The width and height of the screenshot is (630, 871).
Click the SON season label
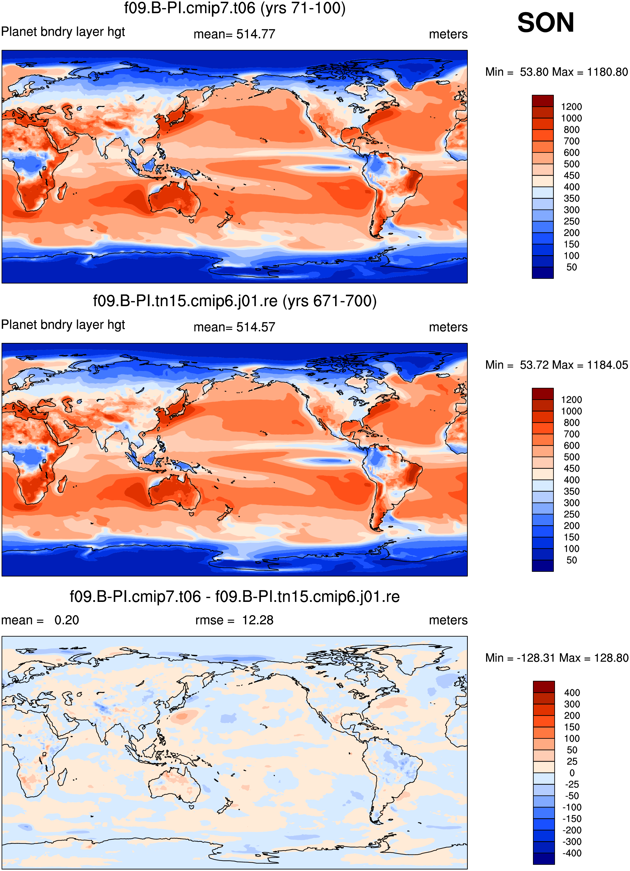coord(545,23)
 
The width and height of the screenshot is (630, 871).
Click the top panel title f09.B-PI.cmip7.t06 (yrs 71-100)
coord(234,8)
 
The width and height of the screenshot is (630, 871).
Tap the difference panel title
coord(234,596)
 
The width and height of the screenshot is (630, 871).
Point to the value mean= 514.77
coord(234,34)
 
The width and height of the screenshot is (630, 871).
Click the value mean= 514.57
coord(234,327)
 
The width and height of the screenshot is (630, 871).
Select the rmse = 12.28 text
coord(234,620)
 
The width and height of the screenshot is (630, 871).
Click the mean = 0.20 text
coord(40,620)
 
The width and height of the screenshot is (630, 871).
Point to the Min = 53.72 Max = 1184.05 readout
coord(557,365)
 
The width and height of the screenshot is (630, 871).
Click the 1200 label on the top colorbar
coord(571,107)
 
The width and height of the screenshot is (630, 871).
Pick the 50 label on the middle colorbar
coord(571,560)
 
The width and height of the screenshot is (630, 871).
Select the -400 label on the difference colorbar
coord(572,853)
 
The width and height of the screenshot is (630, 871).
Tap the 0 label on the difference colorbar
coord(572,773)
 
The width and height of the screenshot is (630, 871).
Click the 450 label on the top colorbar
coord(571,176)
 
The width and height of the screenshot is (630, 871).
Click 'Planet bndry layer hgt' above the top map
coord(63,32)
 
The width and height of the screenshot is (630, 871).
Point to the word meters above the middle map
coord(448,327)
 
